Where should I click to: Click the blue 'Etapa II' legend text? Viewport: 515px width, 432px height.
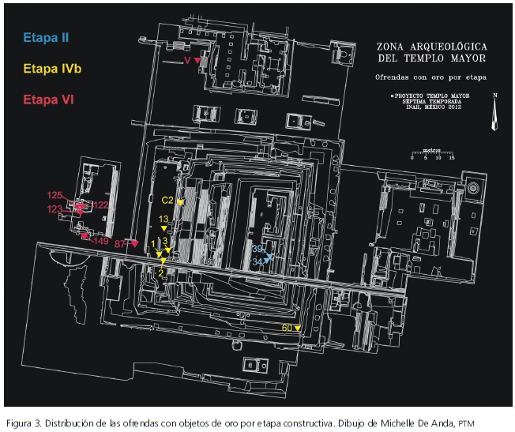point(45,37)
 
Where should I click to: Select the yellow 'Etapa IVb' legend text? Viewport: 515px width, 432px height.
point(52,69)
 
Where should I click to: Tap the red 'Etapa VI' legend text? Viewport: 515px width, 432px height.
point(49,100)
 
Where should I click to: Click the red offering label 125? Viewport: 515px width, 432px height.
point(55,195)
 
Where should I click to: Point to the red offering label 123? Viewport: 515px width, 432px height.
point(55,209)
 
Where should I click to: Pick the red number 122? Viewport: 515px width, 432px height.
point(100,205)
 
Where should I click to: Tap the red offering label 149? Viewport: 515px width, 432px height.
point(101,241)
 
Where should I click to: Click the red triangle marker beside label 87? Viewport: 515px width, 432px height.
point(135,243)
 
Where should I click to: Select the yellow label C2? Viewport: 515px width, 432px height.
point(167,201)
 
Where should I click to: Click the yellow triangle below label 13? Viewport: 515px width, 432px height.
point(164,229)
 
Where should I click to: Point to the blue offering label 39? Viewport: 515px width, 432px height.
point(257,249)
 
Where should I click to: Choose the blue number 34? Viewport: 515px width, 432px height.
point(257,261)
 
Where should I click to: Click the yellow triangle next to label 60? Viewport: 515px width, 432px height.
point(299,328)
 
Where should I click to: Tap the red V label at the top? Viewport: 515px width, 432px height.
point(187,60)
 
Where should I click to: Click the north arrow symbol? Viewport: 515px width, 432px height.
point(494,112)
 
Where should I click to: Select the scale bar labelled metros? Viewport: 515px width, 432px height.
point(430,152)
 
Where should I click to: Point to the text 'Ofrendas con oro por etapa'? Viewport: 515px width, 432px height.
point(430,77)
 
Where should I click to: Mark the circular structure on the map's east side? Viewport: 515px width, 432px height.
point(473,190)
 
